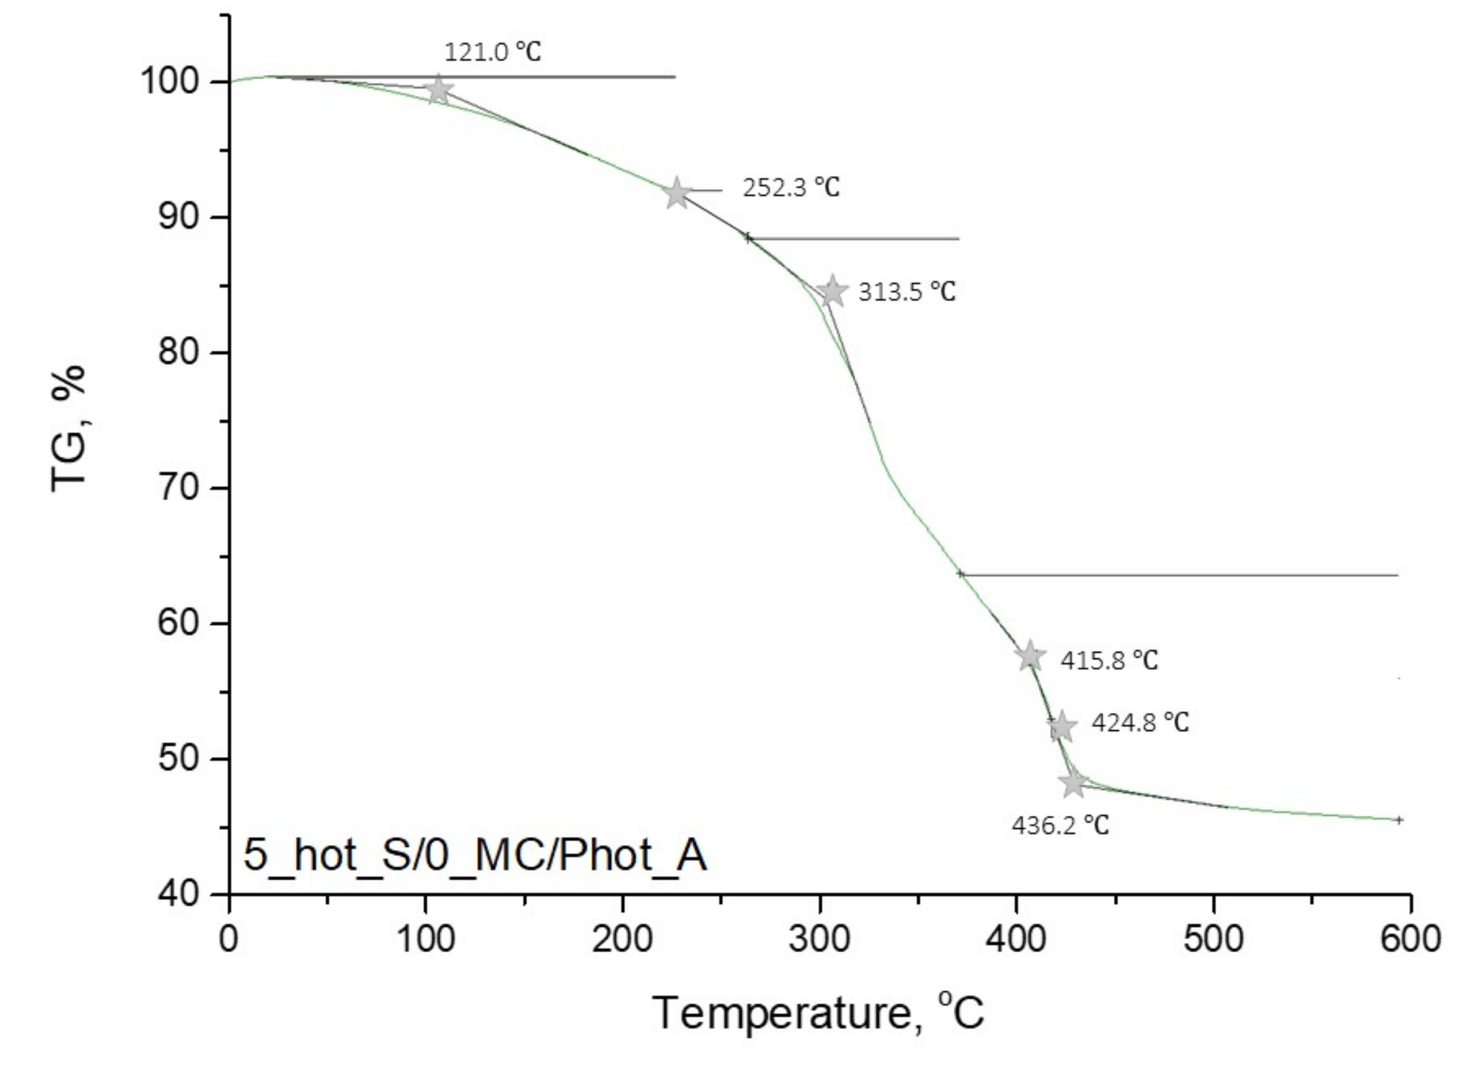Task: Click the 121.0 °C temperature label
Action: pyautogui.click(x=492, y=52)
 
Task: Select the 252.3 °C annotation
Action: pyautogui.click(x=791, y=188)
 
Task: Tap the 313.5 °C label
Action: pyautogui.click(x=906, y=291)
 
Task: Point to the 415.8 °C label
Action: pyautogui.click(x=1109, y=660)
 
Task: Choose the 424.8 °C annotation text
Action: pyautogui.click(x=1140, y=723)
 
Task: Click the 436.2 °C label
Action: pyautogui.click(x=1060, y=826)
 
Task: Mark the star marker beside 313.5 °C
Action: pyautogui.click(x=832, y=291)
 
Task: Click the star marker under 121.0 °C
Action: pyautogui.click(x=439, y=90)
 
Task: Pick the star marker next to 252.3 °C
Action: pyautogui.click(x=677, y=193)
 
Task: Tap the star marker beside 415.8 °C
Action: pyautogui.click(x=1029, y=657)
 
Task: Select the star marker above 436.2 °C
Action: pyautogui.click(x=1074, y=784)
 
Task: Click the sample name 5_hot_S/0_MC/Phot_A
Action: pyautogui.click(x=475, y=855)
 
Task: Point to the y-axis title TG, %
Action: pyautogui.click(x=68, y=428)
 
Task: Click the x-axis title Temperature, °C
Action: pyautogui.click(x=818, y=1013)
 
